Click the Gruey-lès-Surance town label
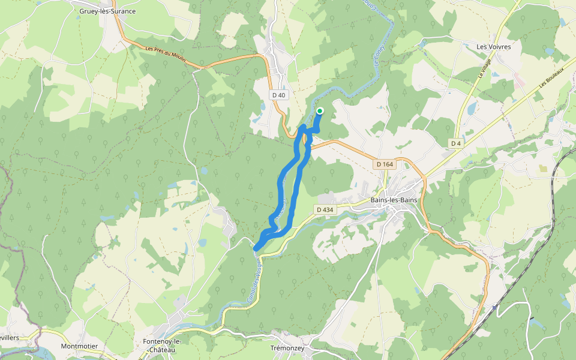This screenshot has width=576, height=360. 107,11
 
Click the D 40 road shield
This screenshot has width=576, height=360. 279,95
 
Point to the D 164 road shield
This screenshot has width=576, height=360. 384,164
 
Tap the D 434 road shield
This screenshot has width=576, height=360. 324,209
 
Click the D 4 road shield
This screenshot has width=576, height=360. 457,143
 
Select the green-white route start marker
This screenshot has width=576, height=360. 320,110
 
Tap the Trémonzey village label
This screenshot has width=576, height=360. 289,349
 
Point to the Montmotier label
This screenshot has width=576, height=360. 79,346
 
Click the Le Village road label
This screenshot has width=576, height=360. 485,68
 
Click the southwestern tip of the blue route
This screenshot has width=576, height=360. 256,248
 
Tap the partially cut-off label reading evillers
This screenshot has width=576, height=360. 10,338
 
